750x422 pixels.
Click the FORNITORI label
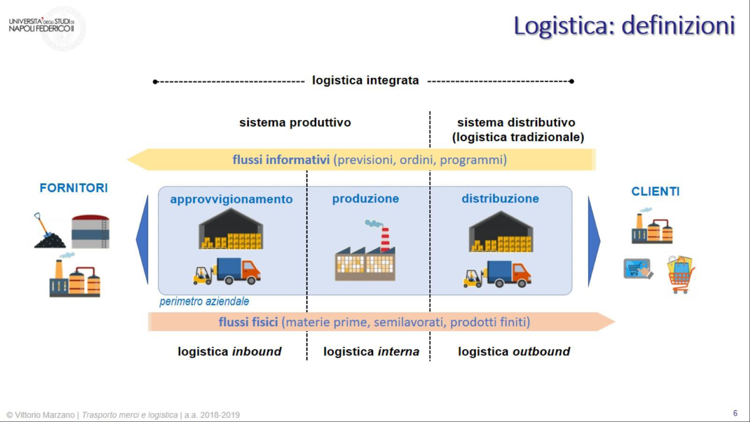coord(73,188)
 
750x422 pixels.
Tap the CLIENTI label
coord(655,191)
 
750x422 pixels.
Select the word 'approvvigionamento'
coord(231,199)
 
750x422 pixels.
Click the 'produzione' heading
coord(365,198)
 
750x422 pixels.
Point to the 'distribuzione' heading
coord(500,198)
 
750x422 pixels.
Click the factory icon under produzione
coord(365,254)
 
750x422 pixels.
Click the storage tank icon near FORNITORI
coord(90,231)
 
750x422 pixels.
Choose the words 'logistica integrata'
coord(365,80)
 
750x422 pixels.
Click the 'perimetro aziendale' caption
coord(204,301)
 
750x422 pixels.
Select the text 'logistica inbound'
coord(229,352)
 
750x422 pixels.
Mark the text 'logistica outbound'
coord(514,352)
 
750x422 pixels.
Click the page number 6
coord(735,413)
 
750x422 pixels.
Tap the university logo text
coord(41,25)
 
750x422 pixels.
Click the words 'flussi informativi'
coord(281,160)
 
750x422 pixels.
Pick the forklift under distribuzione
coord(472,279)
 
